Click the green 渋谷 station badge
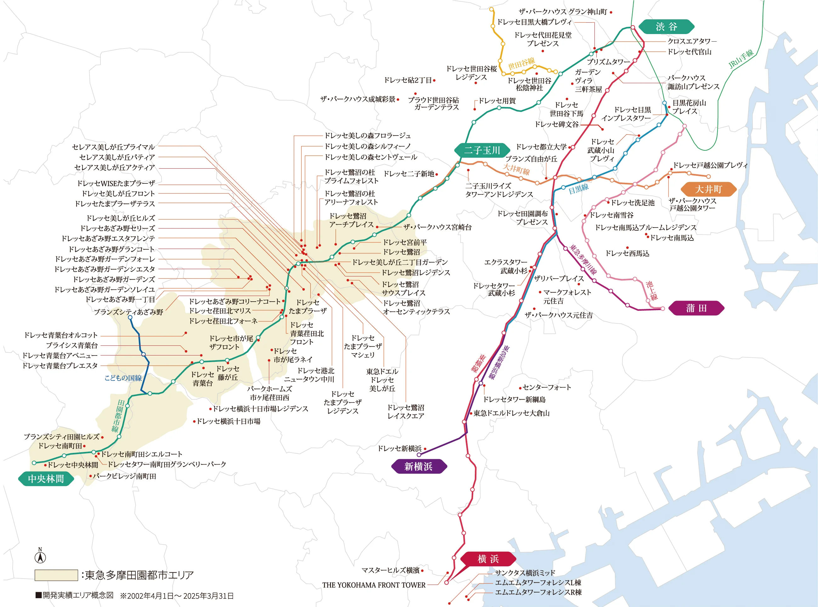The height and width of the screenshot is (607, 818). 666,26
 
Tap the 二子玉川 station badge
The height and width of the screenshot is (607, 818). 482,150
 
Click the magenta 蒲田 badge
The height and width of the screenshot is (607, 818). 696,308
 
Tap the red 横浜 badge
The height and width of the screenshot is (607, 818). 488,559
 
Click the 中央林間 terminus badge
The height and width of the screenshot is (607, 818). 46,479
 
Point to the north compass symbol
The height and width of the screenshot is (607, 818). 40,556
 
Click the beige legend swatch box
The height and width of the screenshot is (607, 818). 56,575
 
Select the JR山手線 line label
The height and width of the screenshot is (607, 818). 741,59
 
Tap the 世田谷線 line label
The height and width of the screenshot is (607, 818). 521,63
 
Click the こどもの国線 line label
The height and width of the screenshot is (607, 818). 123,378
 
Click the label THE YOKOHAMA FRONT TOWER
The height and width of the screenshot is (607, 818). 374,585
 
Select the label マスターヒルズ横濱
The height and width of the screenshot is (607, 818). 390,570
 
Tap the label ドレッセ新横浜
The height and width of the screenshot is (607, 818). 399,449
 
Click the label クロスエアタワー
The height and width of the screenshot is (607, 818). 691,41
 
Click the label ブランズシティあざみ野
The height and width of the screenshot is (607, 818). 128,312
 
